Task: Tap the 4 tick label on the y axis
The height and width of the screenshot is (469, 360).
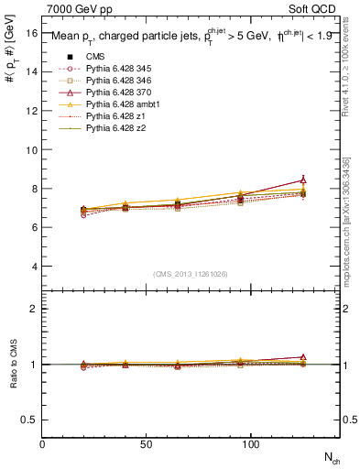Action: [x=33, y=267]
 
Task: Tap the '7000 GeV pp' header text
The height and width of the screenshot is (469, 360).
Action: [x=74, y=9]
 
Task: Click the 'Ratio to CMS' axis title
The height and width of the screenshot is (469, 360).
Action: [x=13, y=365]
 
